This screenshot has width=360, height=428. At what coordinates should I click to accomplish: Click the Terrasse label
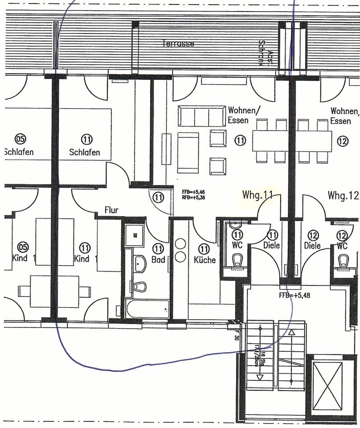pyautogui.click(x=178, y=44)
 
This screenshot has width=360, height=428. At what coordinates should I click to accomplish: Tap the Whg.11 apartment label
pyautogui.click(x=258, y=195)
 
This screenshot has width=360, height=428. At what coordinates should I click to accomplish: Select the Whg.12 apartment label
pyautogui.click(x=343, y=195)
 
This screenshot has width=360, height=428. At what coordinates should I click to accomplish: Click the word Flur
pyautogui.click(x=111, y=210)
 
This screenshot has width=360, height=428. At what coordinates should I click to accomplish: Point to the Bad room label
pyautogui.click(x=158, y=259)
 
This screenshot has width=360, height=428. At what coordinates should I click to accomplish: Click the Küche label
pyautogui.click(x=205, y=259)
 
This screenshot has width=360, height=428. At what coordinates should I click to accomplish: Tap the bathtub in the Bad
pyautogui.click(x=147, y=308)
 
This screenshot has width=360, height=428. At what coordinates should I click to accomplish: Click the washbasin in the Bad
pyautogui.click(x=140, y=263)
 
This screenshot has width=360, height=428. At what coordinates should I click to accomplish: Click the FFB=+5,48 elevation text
pyautogui.click(x=294, y=295)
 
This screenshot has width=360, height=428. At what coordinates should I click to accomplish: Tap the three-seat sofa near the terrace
pyautogui.click(x=201, y=116)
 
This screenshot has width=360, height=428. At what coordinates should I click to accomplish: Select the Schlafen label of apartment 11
pyautogui.click(x=85, y=152)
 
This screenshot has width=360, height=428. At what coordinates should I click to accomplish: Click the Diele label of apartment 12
pyautogui.click(x=312, y=245)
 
